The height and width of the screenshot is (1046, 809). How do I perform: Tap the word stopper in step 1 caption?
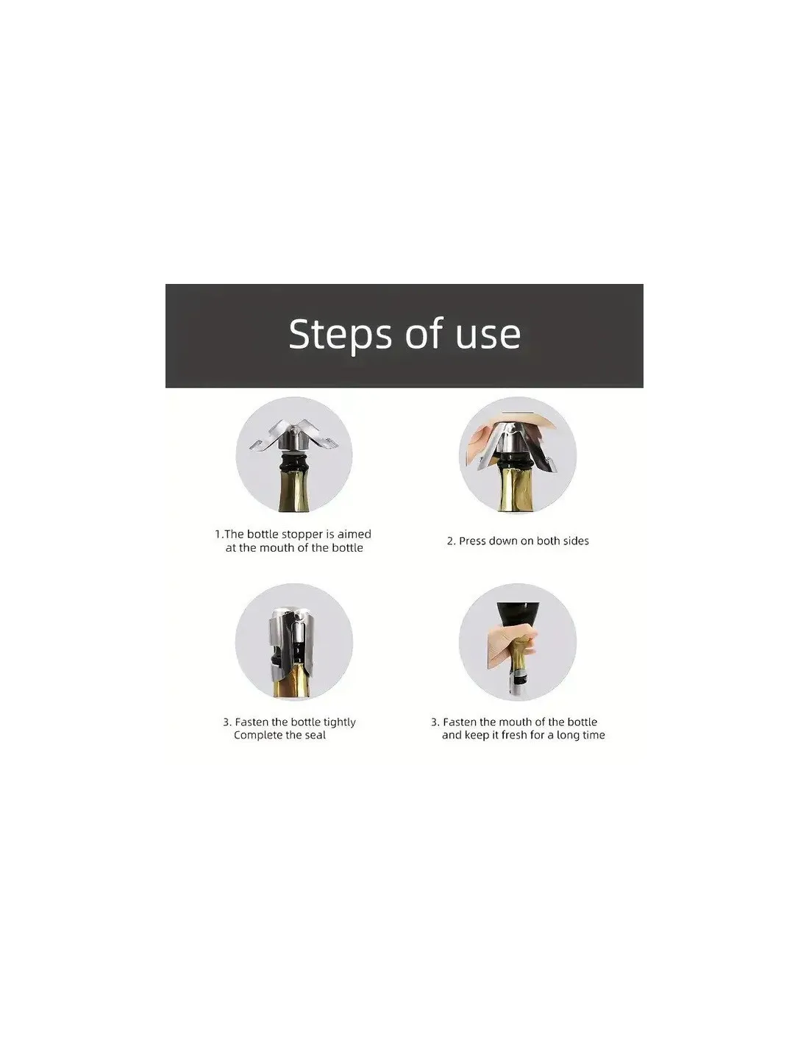pos(302,535)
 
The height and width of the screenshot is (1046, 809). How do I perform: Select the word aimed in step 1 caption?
pos(354,534)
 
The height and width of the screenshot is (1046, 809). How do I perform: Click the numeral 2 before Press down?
pos(450,541)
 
